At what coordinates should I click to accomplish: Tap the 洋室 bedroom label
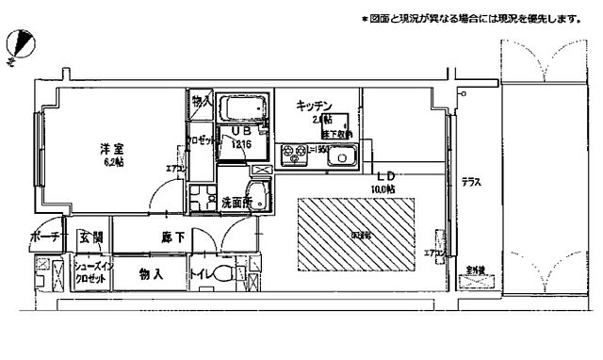[114, 148]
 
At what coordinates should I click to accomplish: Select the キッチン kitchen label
[311, 105]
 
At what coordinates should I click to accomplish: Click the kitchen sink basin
[341, 157]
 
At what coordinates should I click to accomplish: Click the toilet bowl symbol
[222, 276]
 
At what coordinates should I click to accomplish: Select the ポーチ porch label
[44, 237]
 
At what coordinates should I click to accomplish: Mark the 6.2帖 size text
[114, 162]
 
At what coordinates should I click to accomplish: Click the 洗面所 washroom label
[236, 201]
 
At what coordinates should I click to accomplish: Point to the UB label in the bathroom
[239, 131]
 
